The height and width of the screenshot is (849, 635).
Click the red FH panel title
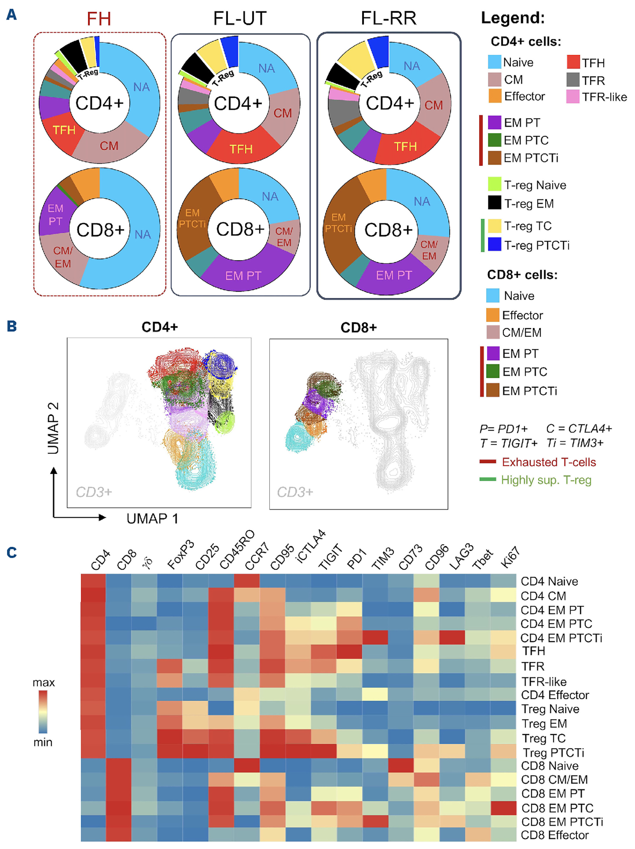pyautogui.click(x=99, y=18)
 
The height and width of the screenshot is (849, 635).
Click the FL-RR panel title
pyautogui.click(x=388, y=18)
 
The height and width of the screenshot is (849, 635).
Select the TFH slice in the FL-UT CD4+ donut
pyautogui.click(x=241, y=148)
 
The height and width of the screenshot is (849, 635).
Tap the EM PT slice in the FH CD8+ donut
pyautogui.click(x=55, y=215)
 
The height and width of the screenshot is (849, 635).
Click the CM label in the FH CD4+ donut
pyautogui.click(x=109, y=146)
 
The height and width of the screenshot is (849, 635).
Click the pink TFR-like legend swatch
pyautogui.click(x=572, y=97)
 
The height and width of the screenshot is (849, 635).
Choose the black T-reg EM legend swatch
pyautogui.click(x=494, y=203)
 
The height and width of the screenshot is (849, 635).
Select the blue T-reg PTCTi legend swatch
pyautogui.click(x=494, y=245)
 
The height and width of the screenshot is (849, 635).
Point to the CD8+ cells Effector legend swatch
pyautogui.click(x=493, y=315)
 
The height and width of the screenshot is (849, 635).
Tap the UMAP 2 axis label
pyautogui.click(x=53, y=428)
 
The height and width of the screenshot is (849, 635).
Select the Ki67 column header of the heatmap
pyautogui.click(x=510, y=557)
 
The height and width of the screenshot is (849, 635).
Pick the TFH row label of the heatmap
pyautogui.click(x=533, y=651)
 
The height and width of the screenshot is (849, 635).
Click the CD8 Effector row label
pyautogui.click(x=554, y=835)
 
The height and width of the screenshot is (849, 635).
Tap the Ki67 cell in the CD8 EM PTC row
pyautogui.click(x=503, y=808)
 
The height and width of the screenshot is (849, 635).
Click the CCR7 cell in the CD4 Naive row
pyautogui.click(x=246, y=581)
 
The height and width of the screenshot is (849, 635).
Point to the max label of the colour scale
pyautogui.click(x=43, y=682)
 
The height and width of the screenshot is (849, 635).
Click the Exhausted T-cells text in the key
pyautogui.click(x=548, y=462)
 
